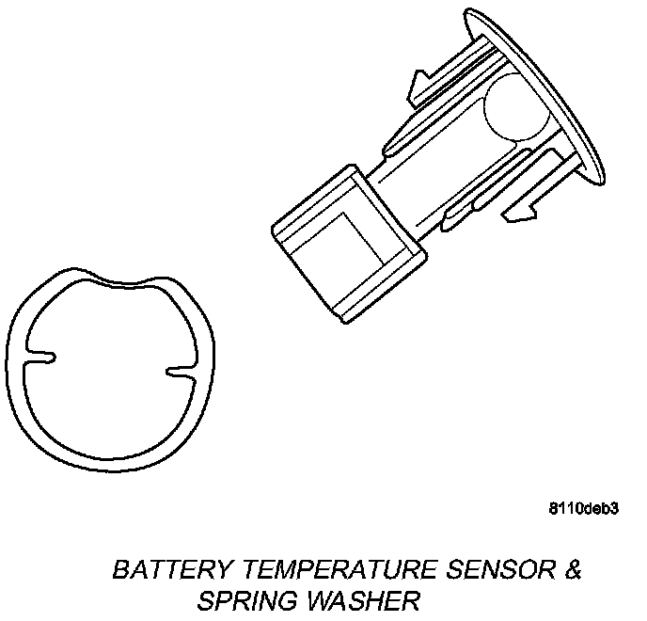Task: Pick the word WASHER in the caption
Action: pos(363,600)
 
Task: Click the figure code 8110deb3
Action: pos(582,510)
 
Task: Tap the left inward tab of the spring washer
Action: pos(43,357)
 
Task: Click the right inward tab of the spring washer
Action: pos(179,371)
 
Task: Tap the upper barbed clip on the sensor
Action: pos(428,86)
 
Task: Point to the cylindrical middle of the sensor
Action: pos(442,165)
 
